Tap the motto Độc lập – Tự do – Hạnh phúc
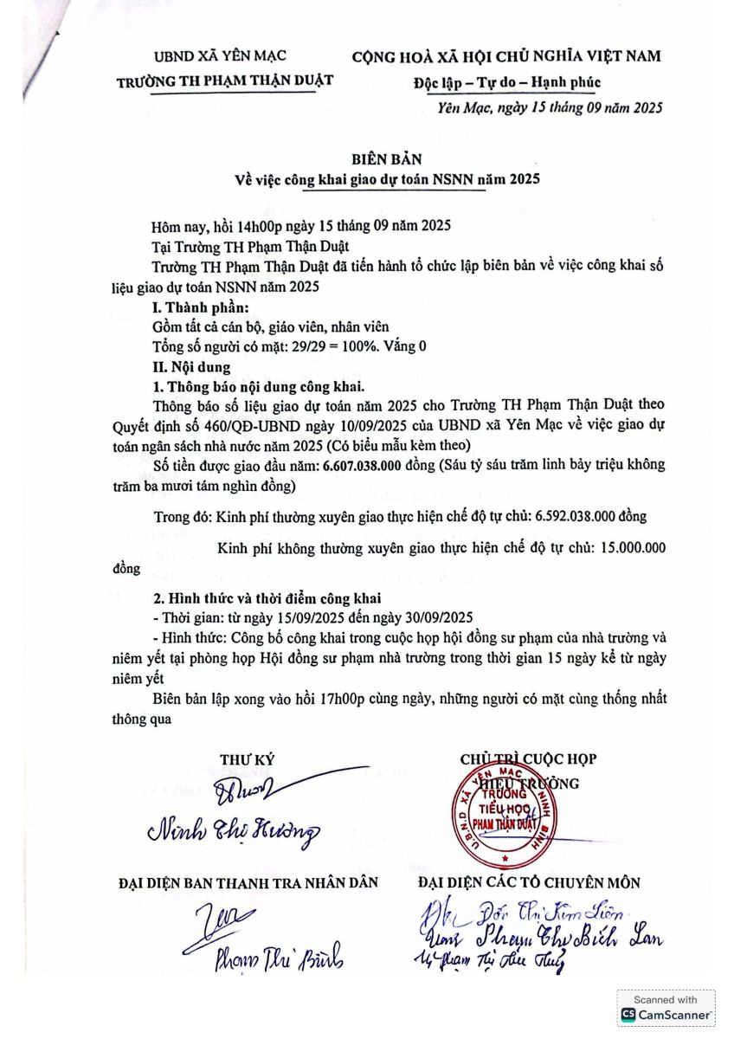506,82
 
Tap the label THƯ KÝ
247,759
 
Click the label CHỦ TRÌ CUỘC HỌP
528,759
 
